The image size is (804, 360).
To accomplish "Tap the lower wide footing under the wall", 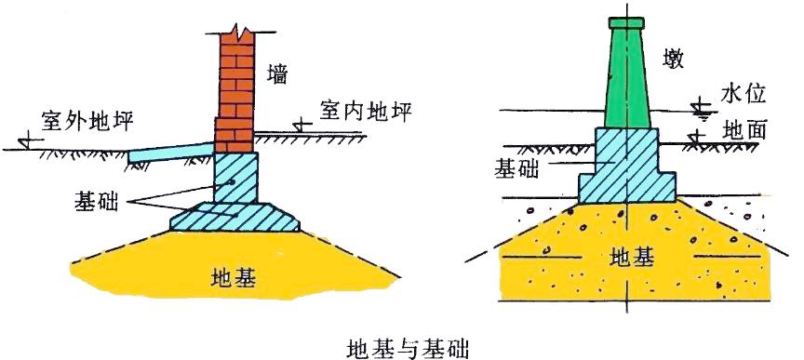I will pos(237,218).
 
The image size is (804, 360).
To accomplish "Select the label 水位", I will pos(743,93).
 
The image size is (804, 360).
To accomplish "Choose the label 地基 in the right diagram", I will pos(633,257).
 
